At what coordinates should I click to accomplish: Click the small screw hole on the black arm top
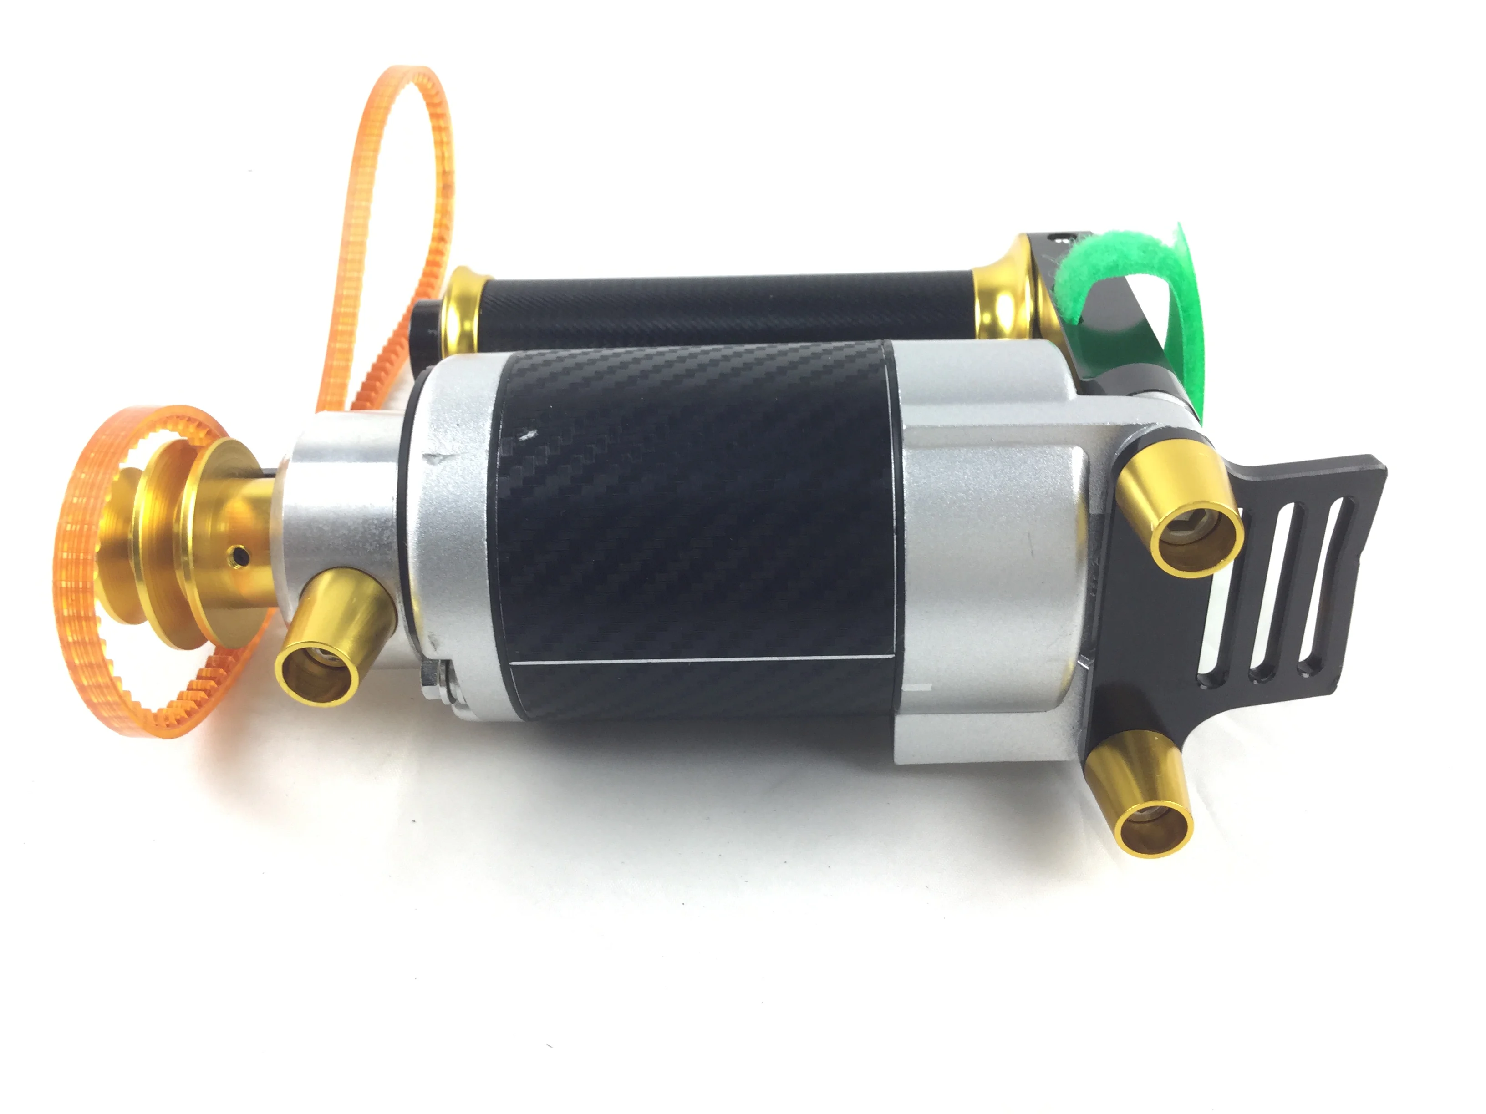tap(1061, 236)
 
